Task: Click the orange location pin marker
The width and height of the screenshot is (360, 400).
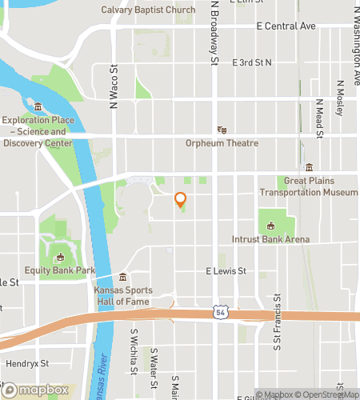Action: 181,200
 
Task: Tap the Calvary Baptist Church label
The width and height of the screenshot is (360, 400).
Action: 149,10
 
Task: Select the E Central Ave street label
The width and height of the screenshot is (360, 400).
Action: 286,26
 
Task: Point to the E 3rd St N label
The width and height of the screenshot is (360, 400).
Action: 252,62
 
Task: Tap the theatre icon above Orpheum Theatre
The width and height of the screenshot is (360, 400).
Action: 222,130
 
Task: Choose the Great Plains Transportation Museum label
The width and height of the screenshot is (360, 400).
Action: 309,187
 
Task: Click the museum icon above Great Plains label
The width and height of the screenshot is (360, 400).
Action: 309,167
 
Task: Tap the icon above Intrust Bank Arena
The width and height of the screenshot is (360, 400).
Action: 270,225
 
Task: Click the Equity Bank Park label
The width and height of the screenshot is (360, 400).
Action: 60,270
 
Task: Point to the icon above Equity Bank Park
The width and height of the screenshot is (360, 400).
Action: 59,257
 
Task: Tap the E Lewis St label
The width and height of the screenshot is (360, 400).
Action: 230,272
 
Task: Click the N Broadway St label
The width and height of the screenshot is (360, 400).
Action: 214,32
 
